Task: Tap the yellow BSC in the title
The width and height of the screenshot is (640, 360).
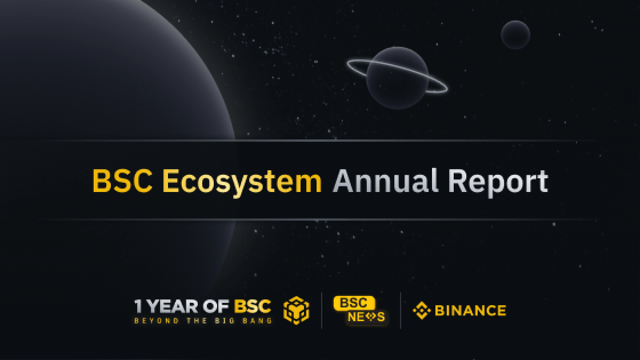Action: pyautogui.click(x=122, y=181)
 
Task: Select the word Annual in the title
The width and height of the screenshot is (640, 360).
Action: pyautogui.click(x=385, y=181)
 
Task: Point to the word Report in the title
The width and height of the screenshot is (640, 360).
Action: pyautogui.click(x=498, y=182)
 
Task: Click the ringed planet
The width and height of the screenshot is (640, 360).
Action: pyautogui.click(x=397, y=78)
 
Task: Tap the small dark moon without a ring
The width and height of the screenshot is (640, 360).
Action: pyautogui.click(x=515, y=35)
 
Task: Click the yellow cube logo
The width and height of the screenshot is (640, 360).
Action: pyautogui.click(x=297, y=310)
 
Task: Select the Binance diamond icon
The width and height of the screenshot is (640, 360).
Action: pyautogui.click(x=422, y=311)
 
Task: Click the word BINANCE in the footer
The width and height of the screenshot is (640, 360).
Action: pyautogui.click(x=470, y=311)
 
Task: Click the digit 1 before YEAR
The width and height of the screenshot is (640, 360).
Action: pyautogui.click(x=138, y=306)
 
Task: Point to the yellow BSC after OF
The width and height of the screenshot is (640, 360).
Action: pyautogui.click(x=252, y=306)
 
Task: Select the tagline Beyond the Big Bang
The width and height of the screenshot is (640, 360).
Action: pyautogui.click(x=203, y=321)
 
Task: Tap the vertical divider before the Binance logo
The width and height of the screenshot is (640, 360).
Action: pyautogui.click(x=401, y=310)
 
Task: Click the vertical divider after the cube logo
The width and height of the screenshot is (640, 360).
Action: pyautogui.click(x=322, y=310)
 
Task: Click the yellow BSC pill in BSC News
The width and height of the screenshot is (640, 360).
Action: pyautogui.click(x=354, y=303)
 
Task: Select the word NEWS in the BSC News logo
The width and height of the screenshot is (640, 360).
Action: pyautogui.click(x=366, y=317)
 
